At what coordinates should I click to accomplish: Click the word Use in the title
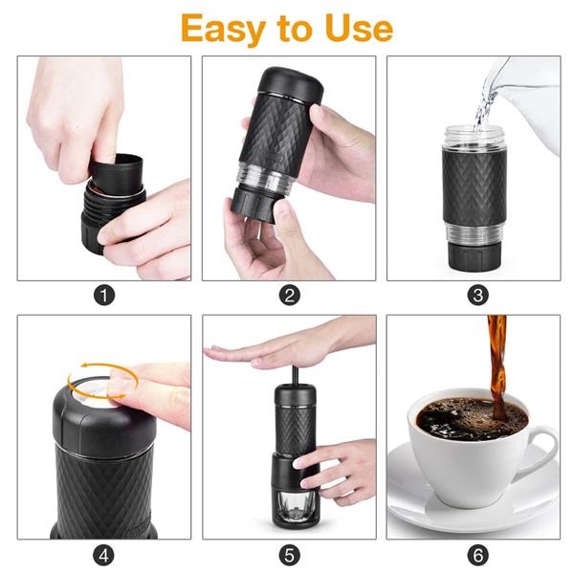359,28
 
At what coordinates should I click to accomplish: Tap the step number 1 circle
104,296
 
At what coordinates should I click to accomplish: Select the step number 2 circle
289,296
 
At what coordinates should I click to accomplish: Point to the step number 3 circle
477,296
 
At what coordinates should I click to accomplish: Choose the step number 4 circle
103,555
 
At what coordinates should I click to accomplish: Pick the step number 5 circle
289,555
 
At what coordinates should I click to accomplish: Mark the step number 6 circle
477,555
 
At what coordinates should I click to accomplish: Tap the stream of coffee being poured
497,366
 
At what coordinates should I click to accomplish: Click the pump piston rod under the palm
295,374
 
